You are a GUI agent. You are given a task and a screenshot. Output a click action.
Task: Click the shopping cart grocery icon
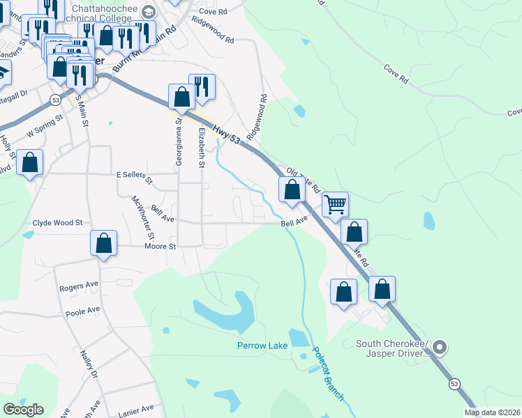(x=335, y=203)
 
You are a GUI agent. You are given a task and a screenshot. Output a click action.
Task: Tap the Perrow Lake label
(x=261, y=346)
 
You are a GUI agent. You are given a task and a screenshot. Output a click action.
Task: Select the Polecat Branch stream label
(x=327, y=374)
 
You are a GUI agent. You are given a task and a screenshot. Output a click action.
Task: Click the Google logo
(x=23, y=410)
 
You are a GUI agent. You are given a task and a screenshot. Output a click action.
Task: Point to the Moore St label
(x=161, y=246)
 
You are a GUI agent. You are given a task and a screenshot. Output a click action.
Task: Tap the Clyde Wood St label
(x=57, y=223)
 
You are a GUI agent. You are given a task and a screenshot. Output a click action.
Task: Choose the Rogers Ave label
(x=79, y=286)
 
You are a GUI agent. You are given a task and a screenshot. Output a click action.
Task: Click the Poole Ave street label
(x=83, y=309)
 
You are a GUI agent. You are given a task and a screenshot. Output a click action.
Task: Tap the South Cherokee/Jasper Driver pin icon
(x=440, y=346)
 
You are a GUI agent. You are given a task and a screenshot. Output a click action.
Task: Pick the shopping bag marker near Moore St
(x=103, y=244)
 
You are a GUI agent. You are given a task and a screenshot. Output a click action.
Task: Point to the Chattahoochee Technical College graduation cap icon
(x=148, y=11)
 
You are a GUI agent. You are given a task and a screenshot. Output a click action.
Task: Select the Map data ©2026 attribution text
(x=493, y=412)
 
